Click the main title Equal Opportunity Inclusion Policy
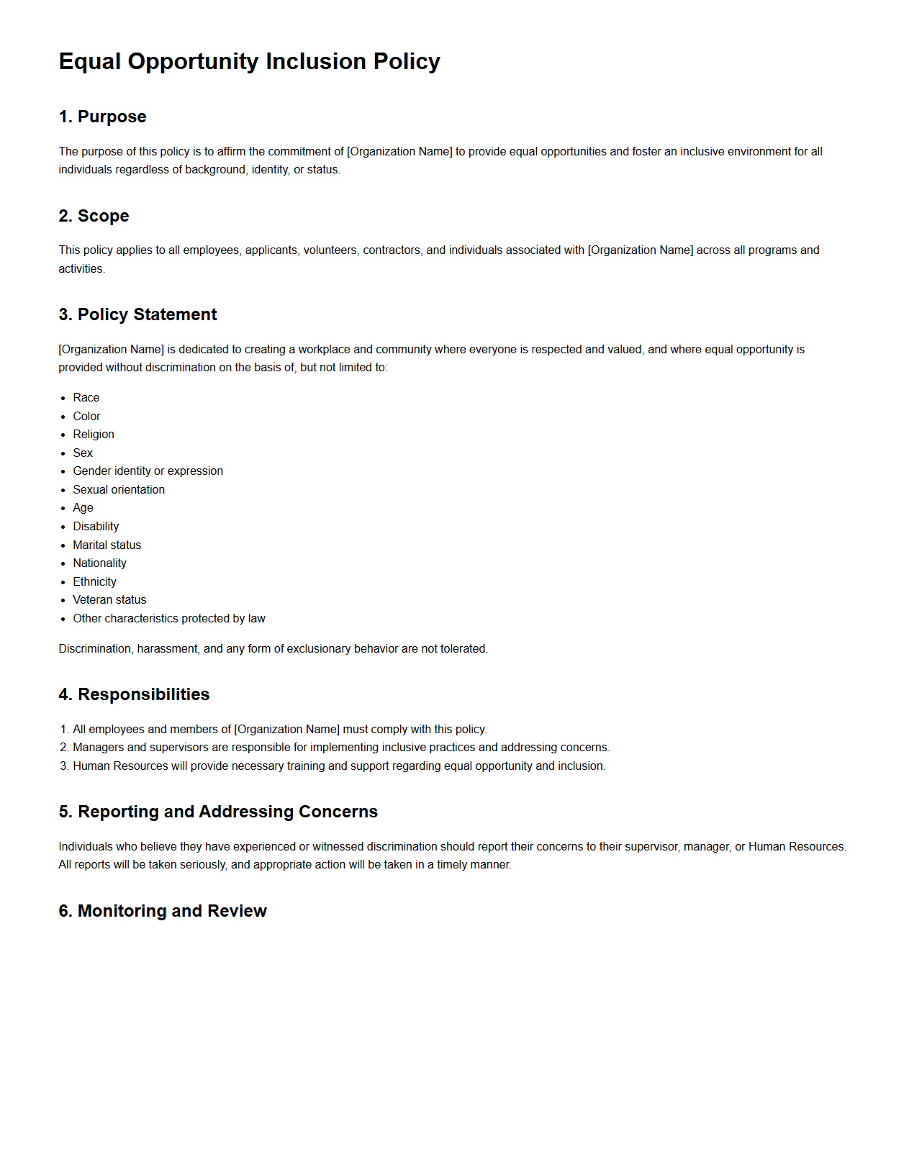tap(249, 62)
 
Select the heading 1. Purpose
tap(102, 117)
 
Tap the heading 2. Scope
tap(94, 216)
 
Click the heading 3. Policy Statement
tap(137, 314)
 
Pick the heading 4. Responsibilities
tap(134, 694)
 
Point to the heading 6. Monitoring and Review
tap(163, 911)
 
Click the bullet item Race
tap(86, 398)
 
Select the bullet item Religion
tap(94, 435)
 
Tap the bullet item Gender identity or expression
tap(148, 471)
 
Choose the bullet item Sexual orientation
tap(119, 490)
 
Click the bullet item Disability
tap(96, 527)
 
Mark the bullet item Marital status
tap(107, 545)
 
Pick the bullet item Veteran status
tap(109, 600)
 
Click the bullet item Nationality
tap(99, 563)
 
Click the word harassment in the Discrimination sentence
tap(168, 649)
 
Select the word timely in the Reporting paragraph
tap(452, 865)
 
